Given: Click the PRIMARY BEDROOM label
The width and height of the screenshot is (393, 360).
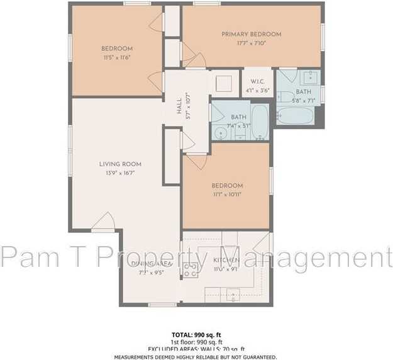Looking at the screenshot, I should (x=251, y=34).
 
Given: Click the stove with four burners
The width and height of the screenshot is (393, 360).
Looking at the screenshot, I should (x=190, y=270).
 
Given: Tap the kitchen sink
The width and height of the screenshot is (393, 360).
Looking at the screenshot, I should (x=233, y=293).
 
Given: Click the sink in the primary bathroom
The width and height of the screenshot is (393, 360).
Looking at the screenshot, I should (x=309, y=78).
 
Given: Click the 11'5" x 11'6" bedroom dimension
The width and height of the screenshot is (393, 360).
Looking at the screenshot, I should (x=117, y=57).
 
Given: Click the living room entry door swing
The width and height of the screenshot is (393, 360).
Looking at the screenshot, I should (x=104, y=222).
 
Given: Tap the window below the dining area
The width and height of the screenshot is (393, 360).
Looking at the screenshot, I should (x=162, y=305).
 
